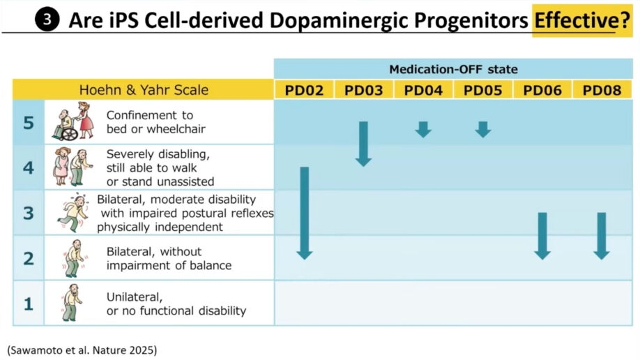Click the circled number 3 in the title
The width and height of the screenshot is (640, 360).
point(47,20)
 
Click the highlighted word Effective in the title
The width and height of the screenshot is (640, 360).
point(572,20)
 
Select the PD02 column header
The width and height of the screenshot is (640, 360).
point(304,90)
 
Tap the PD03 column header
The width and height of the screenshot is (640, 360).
point(364,90)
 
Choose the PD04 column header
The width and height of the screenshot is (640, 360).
point(423,90)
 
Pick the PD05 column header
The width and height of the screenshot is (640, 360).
point(483,90)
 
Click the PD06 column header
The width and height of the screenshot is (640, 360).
point(542,90)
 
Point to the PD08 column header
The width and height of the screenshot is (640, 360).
point(602,90)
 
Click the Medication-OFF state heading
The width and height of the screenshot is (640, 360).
point(453,69)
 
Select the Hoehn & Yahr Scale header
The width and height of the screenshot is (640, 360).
point(144,90)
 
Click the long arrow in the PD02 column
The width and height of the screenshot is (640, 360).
point(304,213)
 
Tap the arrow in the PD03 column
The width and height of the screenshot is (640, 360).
point(363,144)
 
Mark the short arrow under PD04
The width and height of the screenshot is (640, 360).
point(423,129)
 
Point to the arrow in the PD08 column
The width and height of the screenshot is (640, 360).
point(602,236)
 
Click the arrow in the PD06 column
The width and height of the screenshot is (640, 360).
point(542,236)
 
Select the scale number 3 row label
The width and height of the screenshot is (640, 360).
point(29,213)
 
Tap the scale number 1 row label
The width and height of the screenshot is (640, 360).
point(29,303)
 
